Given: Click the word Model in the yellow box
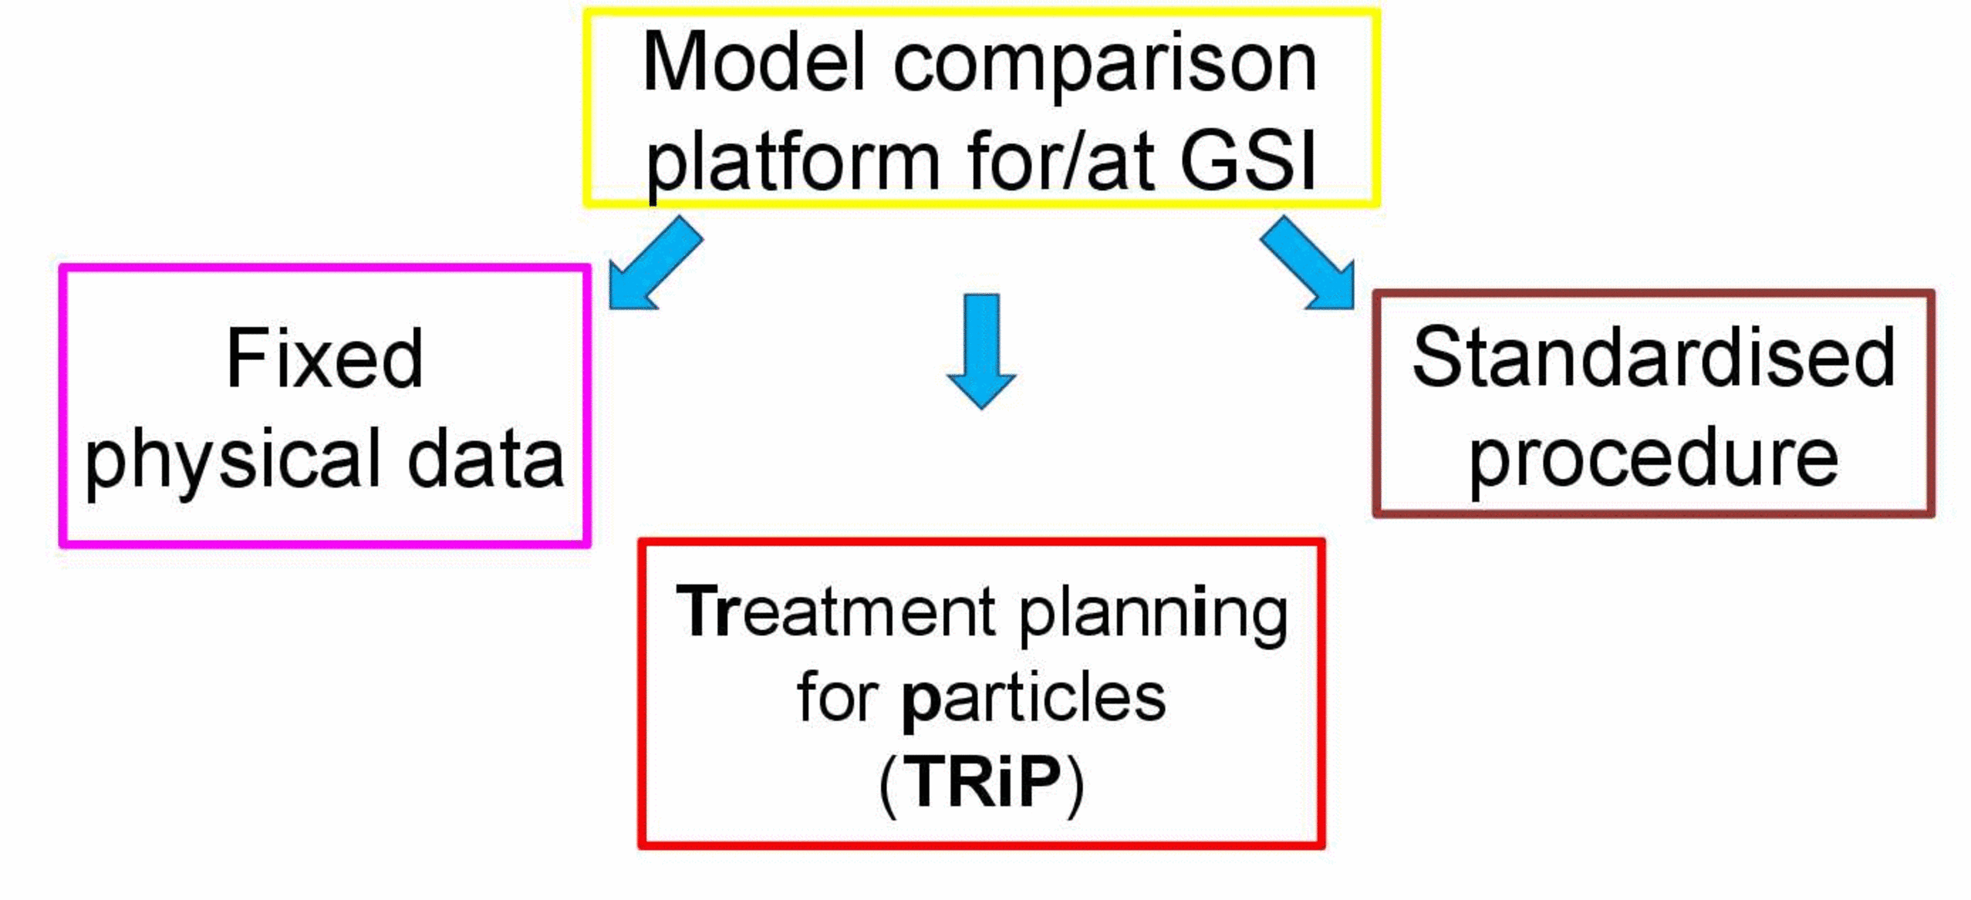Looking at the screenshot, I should click(x=754, y=63).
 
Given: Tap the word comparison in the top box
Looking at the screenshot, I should click(x=1105, y=67).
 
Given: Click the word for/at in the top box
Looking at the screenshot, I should click(x=1055, y=160).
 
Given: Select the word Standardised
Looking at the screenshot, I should click(x=1654, y=358).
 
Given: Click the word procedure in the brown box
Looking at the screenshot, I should click(x=1654, y=461).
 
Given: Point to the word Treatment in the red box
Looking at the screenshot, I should click(x=836, y=612).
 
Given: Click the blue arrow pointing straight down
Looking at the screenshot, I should click(x=981, y=351).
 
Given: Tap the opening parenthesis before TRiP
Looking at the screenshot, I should click(x=888, y=785).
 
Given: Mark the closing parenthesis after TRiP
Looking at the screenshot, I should click(x=1076, y=785).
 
